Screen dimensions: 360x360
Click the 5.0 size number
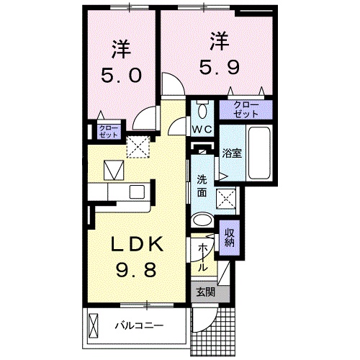tap(122, 74)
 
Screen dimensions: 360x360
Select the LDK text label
tap(137, 246)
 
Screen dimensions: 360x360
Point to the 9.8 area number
tap(137, 271)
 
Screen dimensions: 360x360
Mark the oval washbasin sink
tap(204, 221)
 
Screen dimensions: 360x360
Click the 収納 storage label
tap(229, 238)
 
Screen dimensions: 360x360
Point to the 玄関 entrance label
tap(205, 292)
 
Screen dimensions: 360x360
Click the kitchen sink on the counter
tap(137, 192)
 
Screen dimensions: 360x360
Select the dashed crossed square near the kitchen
tap(136, 146)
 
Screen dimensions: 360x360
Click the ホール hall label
tap(203, 256)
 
